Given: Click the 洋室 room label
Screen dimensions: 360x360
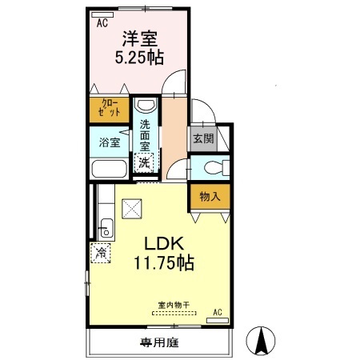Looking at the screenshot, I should click(138, 38).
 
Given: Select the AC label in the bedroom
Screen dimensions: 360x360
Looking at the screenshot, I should click(102, 23).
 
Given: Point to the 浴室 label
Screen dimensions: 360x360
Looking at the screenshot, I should click(109, 142).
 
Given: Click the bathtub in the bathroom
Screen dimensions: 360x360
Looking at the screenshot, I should click(109, 170).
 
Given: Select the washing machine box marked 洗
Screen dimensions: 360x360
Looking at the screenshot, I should click(144, 163).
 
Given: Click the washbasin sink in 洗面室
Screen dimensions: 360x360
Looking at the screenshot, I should click(145, 106).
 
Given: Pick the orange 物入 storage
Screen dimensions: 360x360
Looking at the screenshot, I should click(209, 195).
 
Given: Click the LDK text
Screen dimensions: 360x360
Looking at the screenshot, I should click(164, 244).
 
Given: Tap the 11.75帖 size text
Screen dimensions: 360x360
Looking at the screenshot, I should click(165, 263).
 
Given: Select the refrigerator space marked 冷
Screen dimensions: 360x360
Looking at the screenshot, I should click(102, 250).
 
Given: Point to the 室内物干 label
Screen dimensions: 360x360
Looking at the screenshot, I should click(174, 304).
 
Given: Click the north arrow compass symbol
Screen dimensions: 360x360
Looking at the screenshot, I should click(261, 342).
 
